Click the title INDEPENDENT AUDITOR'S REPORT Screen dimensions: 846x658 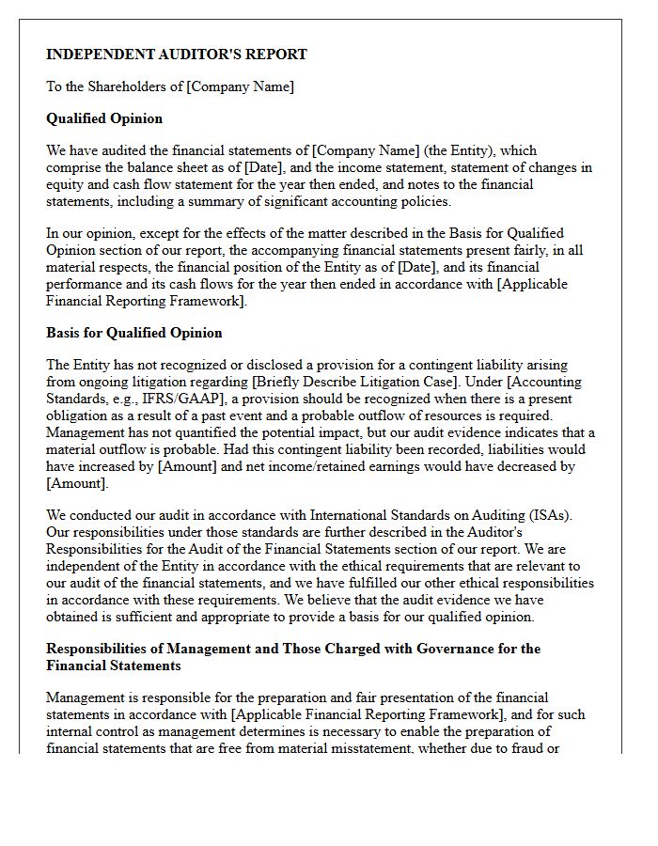(x=177, y=55)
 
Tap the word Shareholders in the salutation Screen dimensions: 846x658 (x=140, y=86)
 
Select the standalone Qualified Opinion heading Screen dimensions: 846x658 (x=104, y=118)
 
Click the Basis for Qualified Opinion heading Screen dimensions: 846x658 (x=134, y=333)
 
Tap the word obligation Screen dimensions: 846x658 (x=79, y=415)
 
